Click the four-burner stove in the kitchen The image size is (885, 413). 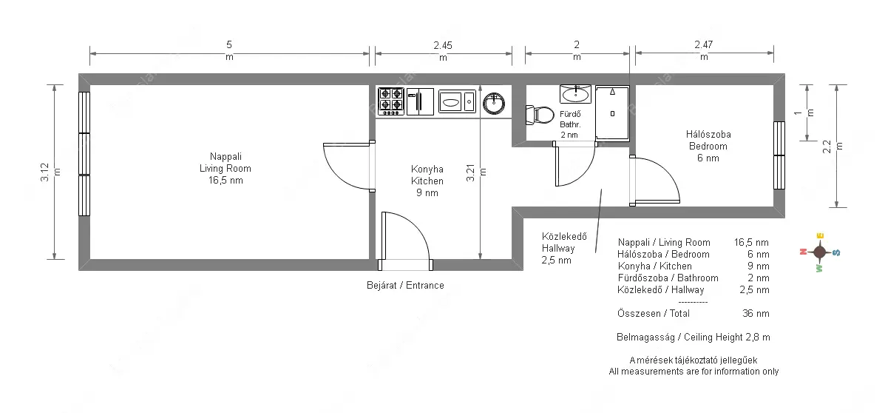390,101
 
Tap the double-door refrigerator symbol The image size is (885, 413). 420,101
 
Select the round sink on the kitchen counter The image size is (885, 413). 494,104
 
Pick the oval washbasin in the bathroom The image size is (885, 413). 575,94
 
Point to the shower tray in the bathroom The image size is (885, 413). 612,113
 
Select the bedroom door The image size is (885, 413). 655,181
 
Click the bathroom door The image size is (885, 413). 575,164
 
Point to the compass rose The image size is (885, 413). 819,252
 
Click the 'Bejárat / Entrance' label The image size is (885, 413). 405,285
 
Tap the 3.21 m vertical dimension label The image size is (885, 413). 476,172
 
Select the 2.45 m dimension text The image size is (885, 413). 443,50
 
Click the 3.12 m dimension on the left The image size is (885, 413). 50,172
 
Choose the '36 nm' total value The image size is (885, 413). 756,313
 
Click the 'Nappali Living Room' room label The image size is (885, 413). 226,163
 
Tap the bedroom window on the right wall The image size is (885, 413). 779,155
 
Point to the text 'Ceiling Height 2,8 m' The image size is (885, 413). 727,338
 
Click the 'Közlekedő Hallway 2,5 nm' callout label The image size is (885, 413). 564,248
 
